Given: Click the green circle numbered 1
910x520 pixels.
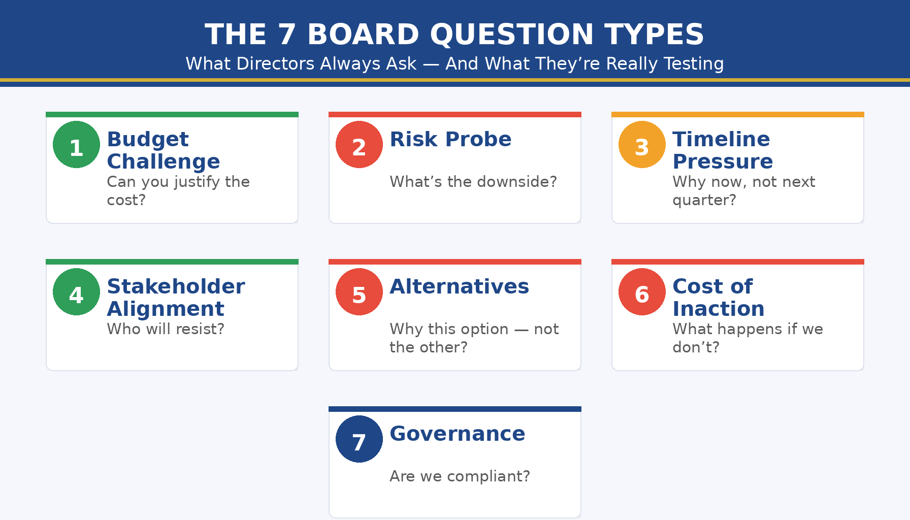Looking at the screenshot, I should (76, 145).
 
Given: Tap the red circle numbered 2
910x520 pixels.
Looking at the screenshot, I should (359, 145).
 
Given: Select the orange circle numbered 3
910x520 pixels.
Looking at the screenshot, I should (642, 145).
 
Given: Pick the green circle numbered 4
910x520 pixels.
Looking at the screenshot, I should (76, 292).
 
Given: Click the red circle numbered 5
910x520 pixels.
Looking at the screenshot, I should (359, 292).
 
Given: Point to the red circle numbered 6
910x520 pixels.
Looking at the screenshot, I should (642, 292).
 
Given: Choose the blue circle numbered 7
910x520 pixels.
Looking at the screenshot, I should (359, 439).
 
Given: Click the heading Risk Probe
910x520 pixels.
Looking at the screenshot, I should (450, 139).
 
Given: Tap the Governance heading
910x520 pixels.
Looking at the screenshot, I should (457, 434).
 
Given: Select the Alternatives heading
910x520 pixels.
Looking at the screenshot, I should (459, 286).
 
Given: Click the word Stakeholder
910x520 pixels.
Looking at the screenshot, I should (176, 286).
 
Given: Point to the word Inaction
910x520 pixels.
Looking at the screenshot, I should (718, 309).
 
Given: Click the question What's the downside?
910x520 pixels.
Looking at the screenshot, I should (473, 182).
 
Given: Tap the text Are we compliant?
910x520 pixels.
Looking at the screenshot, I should (460, 476).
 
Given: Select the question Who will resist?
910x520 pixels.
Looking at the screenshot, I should (166, 329).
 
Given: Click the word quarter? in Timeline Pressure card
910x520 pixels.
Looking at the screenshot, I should (704, 200).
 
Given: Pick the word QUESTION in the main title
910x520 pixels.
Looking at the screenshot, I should (511, 35).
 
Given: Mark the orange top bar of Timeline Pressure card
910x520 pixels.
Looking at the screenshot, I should (737, 114).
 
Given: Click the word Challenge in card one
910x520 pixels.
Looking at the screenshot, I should (163, 161).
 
